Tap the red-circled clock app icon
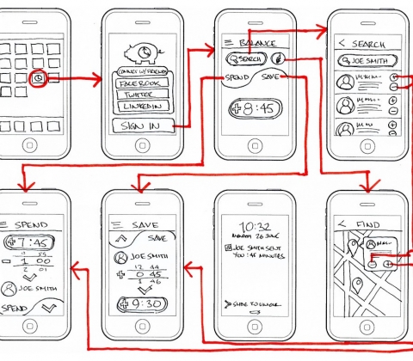pos(40,78)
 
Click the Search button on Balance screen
pos(244,58)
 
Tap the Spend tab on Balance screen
pos(237,78)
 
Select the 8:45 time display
pos(253,109)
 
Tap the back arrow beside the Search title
pos(342,43)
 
